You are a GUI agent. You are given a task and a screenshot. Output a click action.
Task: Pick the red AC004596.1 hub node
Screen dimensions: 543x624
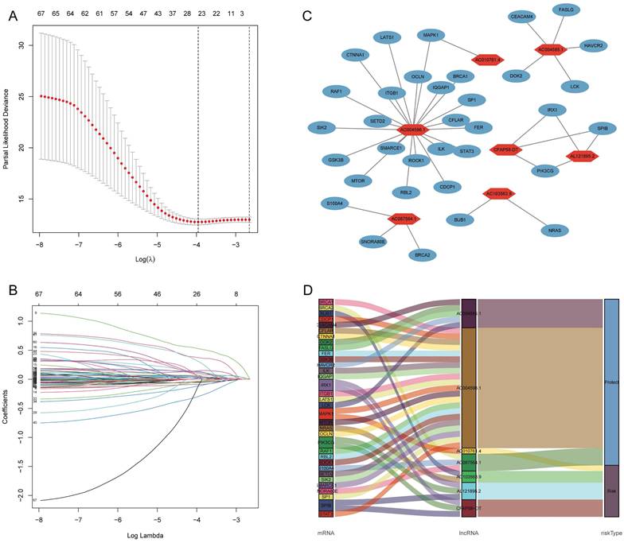coord(413,129)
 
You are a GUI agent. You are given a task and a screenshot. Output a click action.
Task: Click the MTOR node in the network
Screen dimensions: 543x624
coord(358,181)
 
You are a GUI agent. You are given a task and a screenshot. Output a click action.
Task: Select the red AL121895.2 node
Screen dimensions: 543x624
coord(583,156)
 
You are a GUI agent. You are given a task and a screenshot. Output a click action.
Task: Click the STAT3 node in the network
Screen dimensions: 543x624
coord(466,151)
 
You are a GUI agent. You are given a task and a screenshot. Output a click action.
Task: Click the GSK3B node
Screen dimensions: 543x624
coord(335,160)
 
